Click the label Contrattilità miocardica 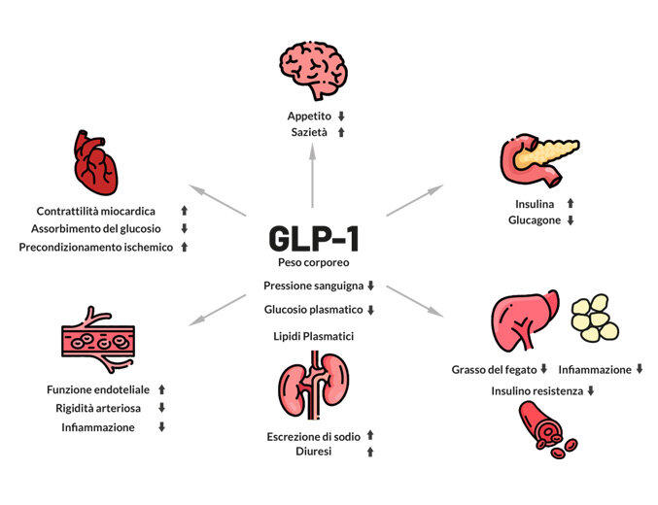(95, 211)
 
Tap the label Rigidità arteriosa (97, 408)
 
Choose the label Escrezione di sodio (313, 435)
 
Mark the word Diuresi (313, 452)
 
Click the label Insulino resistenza (535, 390)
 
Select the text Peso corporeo (313, 263)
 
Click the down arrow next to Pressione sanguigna (370, 286)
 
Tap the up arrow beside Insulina (571, 204)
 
